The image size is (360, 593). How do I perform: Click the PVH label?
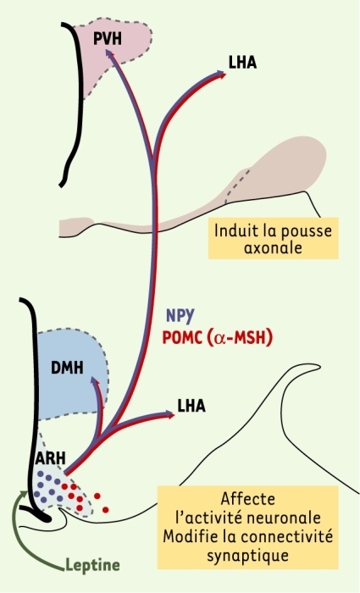click(108, 39)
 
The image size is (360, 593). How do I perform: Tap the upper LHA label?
click(242, 63)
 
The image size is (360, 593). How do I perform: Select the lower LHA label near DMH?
click(191, 406)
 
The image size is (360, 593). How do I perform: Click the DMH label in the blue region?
click(67, 368)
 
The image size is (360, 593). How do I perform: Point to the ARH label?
click(50, 458)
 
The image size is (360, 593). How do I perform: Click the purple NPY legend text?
click(180, 315)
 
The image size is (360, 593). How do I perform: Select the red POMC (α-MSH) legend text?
click(217, 338)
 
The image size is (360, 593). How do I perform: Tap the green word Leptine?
click(92, 566)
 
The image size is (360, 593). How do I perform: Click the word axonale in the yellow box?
click(273, 247)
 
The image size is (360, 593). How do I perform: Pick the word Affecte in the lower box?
click(248, 499)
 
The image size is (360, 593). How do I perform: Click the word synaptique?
click(247, 556)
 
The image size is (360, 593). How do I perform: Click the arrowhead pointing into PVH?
click(110, 54)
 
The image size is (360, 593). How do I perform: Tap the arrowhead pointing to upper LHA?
click(221, 75)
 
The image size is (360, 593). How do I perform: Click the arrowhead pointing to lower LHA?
click(169, 414)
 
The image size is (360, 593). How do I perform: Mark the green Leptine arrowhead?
click(25, 494)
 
